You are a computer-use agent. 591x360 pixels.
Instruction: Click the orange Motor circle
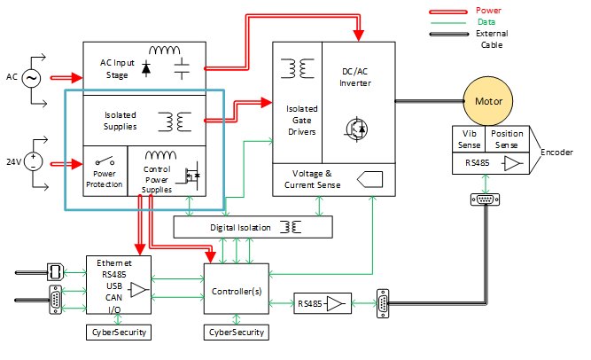[x=488, y=101]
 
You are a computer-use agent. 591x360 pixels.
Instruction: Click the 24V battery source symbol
[x=34, y=162]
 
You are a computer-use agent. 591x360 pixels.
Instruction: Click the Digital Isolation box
[x=253, y=227]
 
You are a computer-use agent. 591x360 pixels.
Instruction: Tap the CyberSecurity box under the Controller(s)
[x=236, y=333]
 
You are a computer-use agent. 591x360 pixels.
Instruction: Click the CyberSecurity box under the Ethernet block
[x=117, y=333]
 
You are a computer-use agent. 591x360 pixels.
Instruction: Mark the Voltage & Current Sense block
[x=306, y=181]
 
